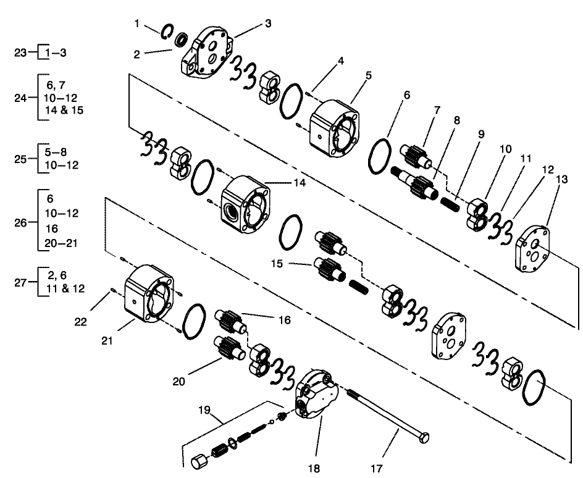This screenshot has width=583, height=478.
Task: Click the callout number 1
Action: pyautogui.click(x=136, y=23)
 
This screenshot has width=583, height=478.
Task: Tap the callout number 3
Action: pyautogui.click(x=268, y=23)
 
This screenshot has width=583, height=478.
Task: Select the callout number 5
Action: pyautogui.click(x=368, y=75)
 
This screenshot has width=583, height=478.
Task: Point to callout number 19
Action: pyautogui.click(x=205, y=409)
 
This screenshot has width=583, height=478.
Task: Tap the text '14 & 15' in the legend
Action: pyautogui.click(x=64, y=111)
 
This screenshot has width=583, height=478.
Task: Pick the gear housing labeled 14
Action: pyautogui.click(x=246, y=201)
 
